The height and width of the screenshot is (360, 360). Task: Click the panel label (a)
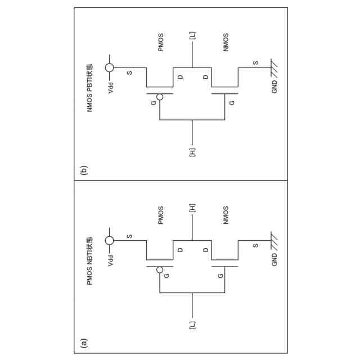(84, 341)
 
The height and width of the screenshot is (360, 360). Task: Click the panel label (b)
(84, 169)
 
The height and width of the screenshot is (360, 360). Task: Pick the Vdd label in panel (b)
(111, 88)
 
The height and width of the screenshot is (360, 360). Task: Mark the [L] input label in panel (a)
(192, 326)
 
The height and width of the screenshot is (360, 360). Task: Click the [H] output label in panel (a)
(192, 208)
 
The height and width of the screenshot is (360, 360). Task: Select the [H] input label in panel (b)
(192, 152)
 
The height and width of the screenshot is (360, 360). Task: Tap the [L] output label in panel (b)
(192, 35)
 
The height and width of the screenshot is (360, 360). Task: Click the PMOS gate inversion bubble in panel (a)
(160, 269)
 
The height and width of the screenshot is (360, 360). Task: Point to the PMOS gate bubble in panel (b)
(160, 97)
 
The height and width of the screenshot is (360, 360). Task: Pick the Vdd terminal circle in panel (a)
(110, 241)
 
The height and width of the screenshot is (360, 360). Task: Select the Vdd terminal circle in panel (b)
(110, 68)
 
